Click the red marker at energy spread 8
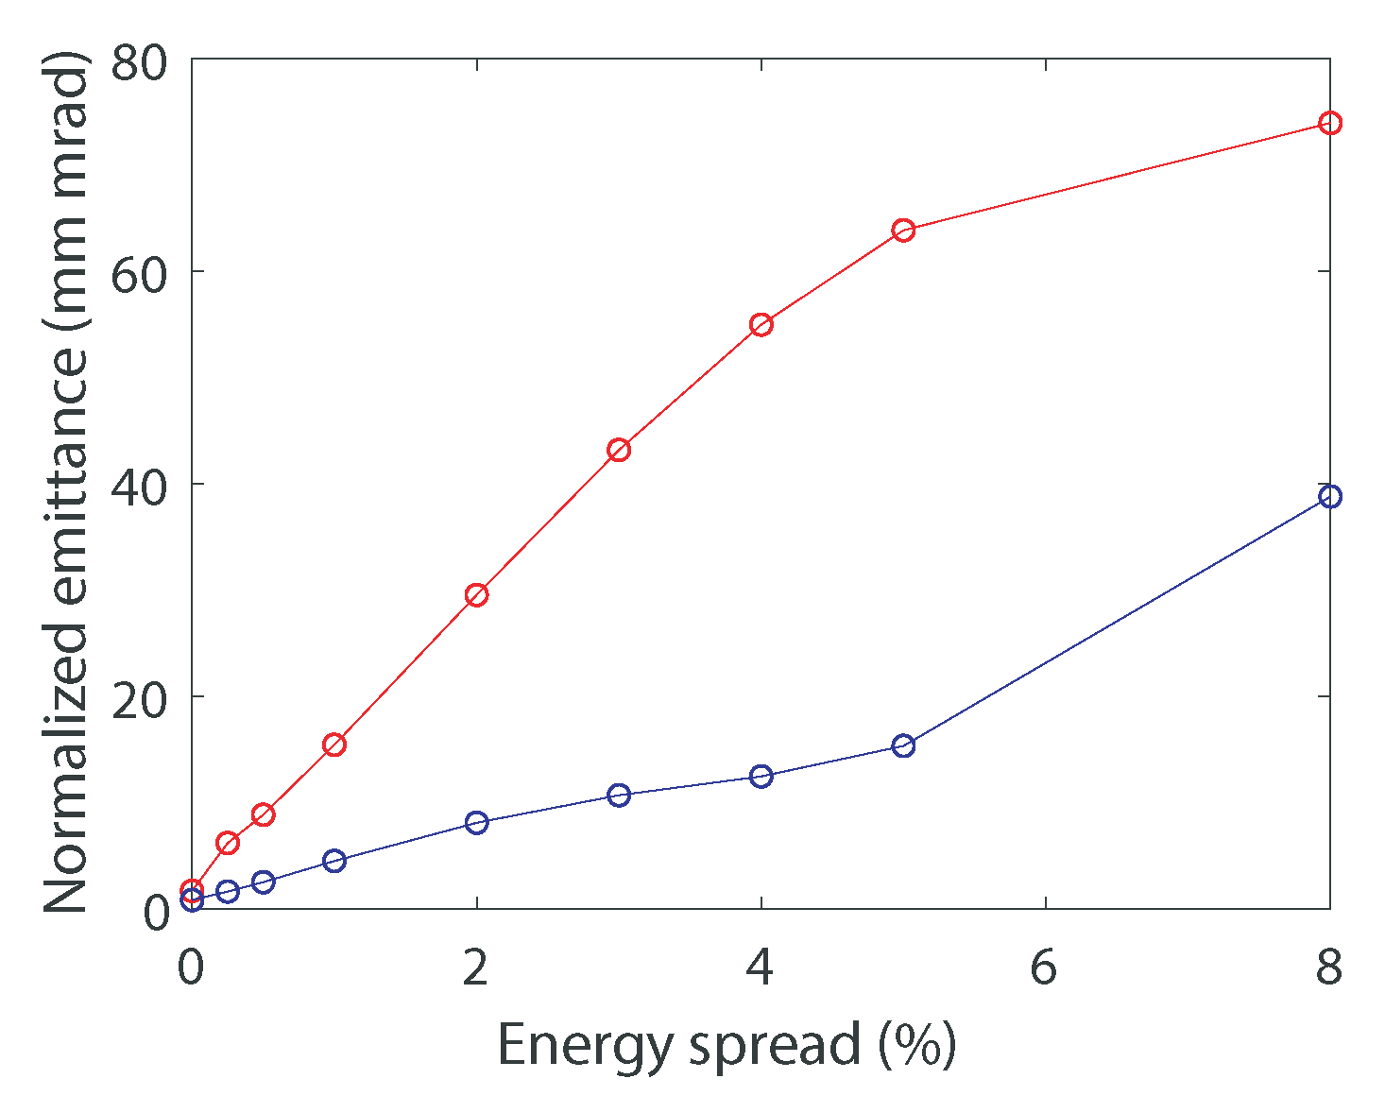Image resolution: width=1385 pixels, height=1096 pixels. [1329, 123]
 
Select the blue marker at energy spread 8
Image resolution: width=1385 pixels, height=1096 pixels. [1329, 496]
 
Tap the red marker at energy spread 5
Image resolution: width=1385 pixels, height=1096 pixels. [903, 231]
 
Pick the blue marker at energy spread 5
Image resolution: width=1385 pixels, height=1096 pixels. [903, 745]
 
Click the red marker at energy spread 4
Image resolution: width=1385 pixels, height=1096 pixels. [761, 325]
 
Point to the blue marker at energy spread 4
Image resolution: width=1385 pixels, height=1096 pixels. [761, 776]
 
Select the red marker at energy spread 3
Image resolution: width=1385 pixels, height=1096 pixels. [619, 450]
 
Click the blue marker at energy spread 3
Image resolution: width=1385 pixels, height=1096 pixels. [619, 795]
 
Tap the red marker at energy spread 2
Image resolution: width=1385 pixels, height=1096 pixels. [476, 594]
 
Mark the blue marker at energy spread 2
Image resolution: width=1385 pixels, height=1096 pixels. [476, 822]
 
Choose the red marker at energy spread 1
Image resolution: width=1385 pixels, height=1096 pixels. [333, 745]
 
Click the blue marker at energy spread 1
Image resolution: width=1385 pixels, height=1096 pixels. [333, 861]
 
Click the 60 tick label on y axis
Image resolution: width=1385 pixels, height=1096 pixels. [139, 274]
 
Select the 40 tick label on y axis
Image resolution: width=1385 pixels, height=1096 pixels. [139, 487]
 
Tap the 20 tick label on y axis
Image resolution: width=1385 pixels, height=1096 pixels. [139, 699]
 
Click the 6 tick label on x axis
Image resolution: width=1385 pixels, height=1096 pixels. [1044, 968]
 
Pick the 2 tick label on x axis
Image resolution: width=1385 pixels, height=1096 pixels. [475, 968]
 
